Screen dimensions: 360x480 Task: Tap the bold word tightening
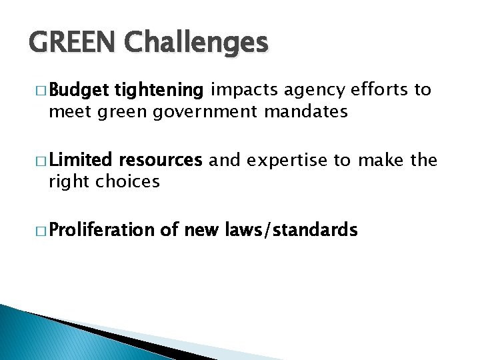click(159, 90)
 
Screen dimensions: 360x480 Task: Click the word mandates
click(306, 111)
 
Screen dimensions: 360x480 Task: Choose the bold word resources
click(159, 160)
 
